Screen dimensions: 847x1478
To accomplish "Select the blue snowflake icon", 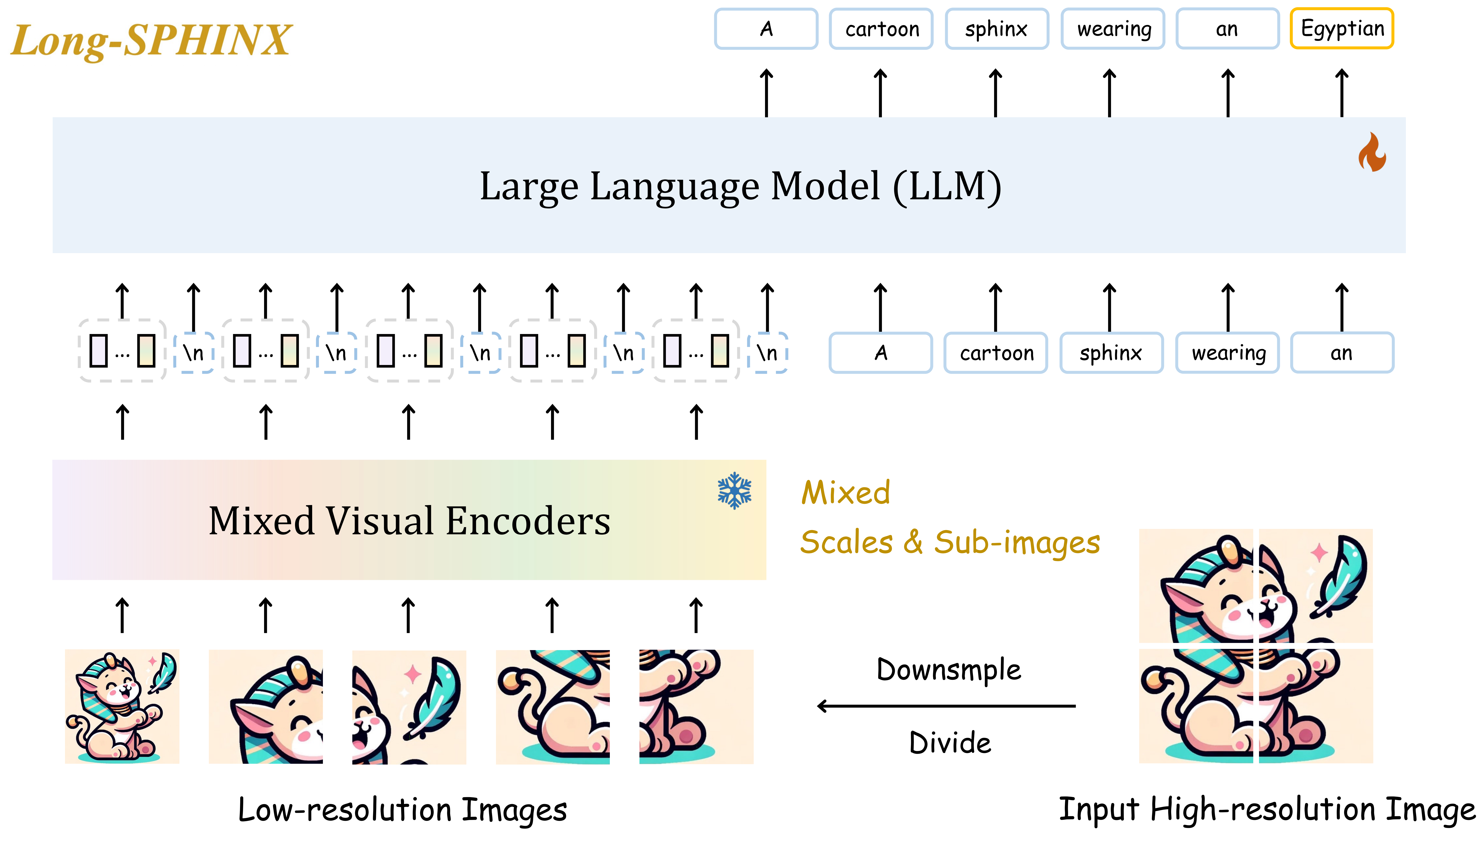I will click(734, 490).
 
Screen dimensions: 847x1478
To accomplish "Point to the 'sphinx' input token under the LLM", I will click(1111, 352).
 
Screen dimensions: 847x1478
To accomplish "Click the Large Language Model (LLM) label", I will click(740, 186).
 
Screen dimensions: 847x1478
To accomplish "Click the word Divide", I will click(950, 743).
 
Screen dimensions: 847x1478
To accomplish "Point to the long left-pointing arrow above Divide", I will click(946, 706).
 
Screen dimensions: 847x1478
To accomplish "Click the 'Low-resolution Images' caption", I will click(403, 810).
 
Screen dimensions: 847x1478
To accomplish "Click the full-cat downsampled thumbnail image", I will click(122, 706).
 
